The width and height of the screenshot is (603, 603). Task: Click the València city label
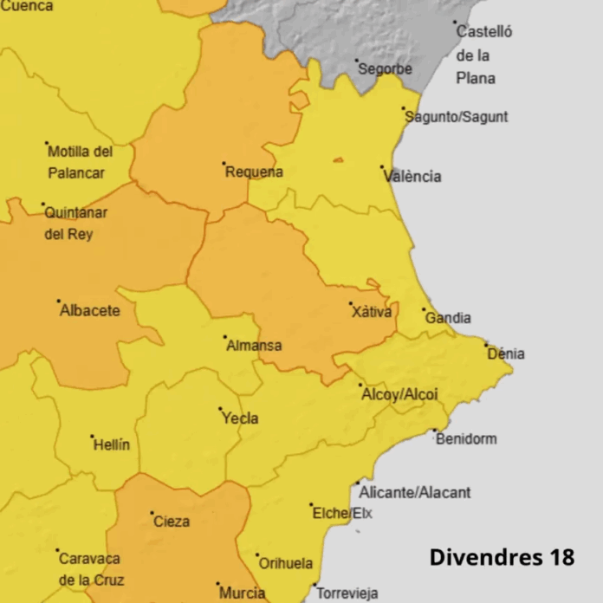coord(412,177)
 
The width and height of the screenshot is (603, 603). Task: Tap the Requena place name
coord(254,172)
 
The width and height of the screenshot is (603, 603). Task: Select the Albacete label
coord(90,310)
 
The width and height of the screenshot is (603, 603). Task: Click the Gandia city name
coord(448,318)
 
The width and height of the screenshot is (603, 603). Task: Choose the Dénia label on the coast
coord(506,353)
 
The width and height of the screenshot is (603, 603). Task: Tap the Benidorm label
coord(466,438)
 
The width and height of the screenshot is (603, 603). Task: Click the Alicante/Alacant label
coord(415,492)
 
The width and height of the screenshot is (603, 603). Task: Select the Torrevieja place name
coord(347,593)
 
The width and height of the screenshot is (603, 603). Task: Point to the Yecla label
coord(240,418)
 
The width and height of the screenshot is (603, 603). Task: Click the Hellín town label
coord(113,444)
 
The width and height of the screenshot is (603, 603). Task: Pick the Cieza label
coord(171,522)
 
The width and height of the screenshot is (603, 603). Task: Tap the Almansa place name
coord(254,346)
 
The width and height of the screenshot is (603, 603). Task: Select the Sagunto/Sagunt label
coord(457,117)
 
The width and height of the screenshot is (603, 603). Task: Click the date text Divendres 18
coord(502,556)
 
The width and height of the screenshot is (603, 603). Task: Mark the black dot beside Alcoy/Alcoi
coord(360,386)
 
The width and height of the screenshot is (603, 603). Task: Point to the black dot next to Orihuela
coord(257,554)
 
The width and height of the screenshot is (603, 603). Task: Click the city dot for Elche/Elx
coord(312,504)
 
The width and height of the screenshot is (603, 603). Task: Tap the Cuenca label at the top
coord(26,6)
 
